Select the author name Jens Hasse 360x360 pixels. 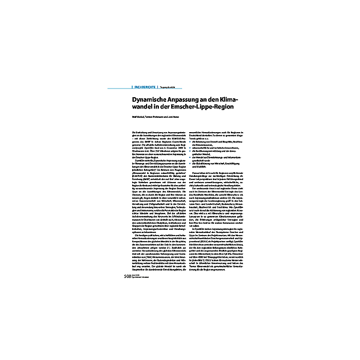[175, 117]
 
